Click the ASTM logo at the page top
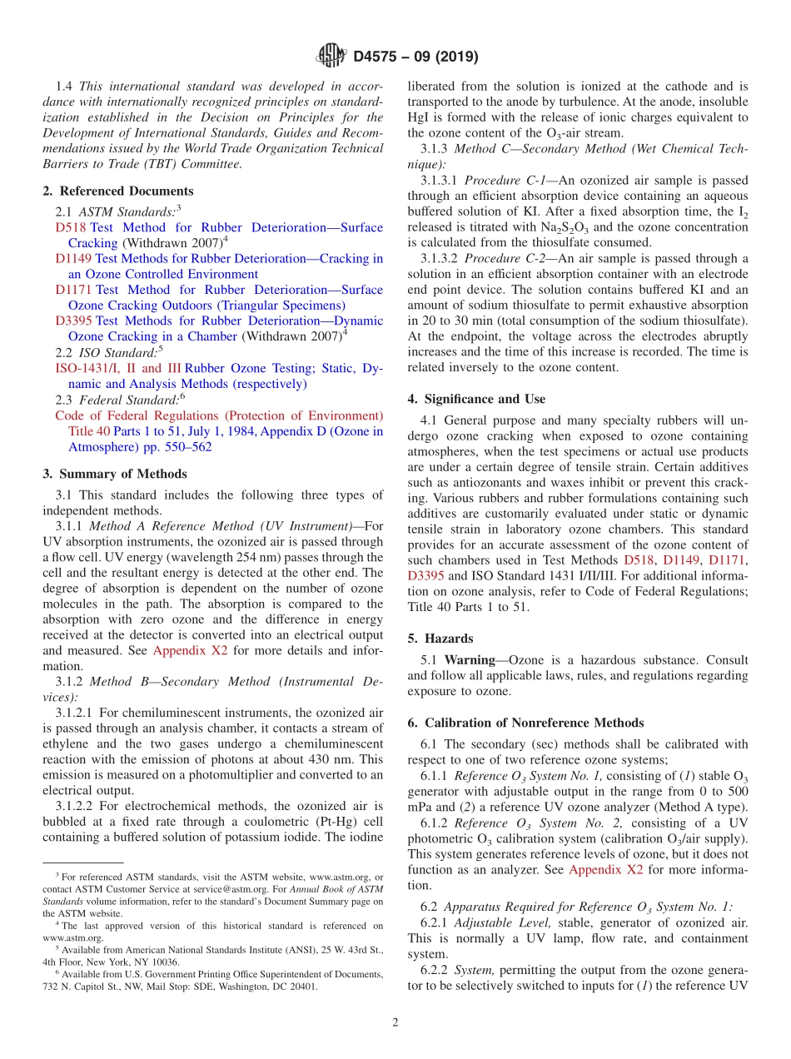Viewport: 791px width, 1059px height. coord(331,57)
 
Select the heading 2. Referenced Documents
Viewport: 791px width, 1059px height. coord(117,191)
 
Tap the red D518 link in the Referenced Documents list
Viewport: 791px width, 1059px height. coord(71,227)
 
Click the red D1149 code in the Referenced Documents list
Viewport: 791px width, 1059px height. coord(74,259)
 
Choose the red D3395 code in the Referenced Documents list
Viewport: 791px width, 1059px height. coord(74,321)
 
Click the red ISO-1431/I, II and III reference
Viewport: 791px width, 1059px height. coord(117,368)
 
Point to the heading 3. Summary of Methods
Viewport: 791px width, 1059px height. coord(114,474)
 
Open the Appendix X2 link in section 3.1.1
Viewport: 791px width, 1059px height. coord(190,651)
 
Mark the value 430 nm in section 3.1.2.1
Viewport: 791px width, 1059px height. coord(341,759)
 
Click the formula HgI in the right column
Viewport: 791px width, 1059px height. coord(419,117)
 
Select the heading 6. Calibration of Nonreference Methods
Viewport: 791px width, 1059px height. coord(525,723)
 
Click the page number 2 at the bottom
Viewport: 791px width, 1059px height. coord(395,1022)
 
